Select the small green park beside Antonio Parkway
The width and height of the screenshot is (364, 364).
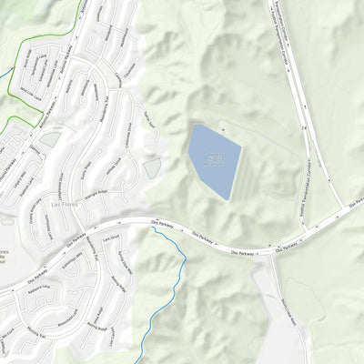click(50, 139)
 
